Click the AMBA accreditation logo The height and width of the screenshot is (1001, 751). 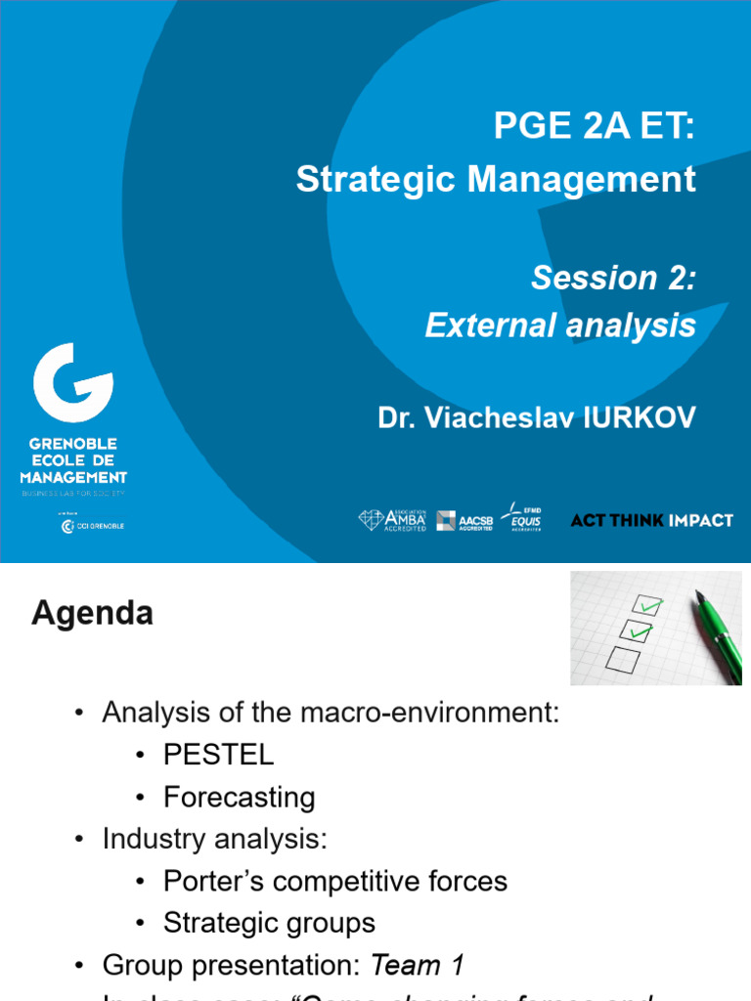click(x=392, y=520)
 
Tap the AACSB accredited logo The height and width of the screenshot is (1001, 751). click(x=464, y=521)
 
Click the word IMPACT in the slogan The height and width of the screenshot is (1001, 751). click(x=700, y=520)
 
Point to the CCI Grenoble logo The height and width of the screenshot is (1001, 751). click(x=93, y=526)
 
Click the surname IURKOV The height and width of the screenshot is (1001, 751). click(x=641, y=418)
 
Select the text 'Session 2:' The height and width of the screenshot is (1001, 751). click(x=613, y=279)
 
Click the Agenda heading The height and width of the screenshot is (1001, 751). click(x=92, y=614)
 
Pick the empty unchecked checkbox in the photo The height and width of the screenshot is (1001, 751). click(x=623, y=660)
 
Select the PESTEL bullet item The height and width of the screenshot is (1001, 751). click(x=218, y=755)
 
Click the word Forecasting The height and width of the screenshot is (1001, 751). click(x=239, y=798)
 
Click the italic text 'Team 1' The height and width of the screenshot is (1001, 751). click(x=417, y=966)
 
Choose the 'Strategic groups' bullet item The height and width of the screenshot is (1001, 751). click(x=269, y=923)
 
